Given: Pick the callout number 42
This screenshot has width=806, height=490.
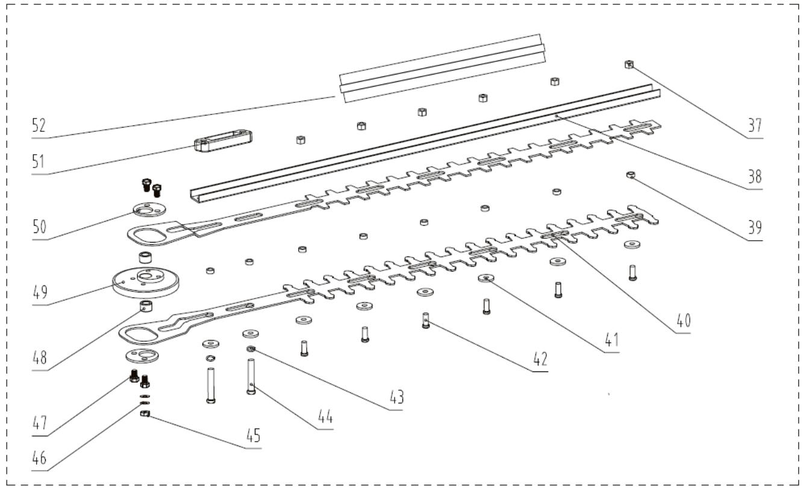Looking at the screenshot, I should (540, 359).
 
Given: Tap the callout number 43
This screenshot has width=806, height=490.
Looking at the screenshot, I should (395, 398).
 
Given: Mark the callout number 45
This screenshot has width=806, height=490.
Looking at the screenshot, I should (252, 436).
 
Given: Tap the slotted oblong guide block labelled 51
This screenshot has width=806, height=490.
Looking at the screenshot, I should (222, 140).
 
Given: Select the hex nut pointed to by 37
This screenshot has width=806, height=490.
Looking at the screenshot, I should (628, 64).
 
